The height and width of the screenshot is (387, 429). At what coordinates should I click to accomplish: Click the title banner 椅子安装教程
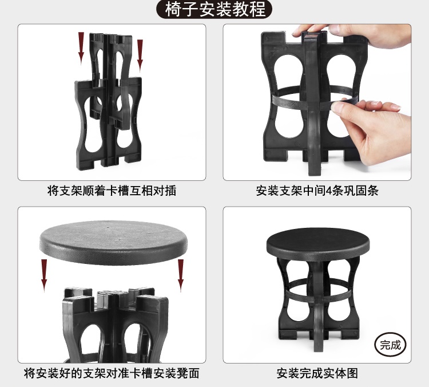click(x=214, y=9)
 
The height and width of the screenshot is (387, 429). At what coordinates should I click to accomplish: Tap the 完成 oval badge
click(x=390, y=345)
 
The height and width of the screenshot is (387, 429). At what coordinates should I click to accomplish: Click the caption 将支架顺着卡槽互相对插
click(x=112, y=191)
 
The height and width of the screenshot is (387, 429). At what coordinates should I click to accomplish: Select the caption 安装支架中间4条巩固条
click(x=317, y=191)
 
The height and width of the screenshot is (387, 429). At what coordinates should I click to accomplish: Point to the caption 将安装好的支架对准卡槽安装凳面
click(x=112, y=373)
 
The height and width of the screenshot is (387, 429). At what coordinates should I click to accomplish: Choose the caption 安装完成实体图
click(x=317, y=373)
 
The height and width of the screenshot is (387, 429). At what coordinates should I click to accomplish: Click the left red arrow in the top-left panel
click(x=81, y=49)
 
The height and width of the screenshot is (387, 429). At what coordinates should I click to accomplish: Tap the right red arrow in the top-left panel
click(x=140, y=56)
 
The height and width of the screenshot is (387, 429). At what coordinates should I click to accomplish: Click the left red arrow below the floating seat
click(x=44, y=275)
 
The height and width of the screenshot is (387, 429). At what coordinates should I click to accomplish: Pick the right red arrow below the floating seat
click(x=181, y=275)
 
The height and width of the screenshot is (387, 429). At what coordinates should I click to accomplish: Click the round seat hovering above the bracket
click(x=114, y=242)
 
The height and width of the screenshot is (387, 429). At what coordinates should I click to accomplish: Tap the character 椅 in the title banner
click(x=173, y=9)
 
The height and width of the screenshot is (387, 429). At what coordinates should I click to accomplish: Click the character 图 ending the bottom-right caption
click(x=352, y=373)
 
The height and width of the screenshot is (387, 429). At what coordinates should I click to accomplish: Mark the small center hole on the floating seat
click(x=108, y=227)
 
